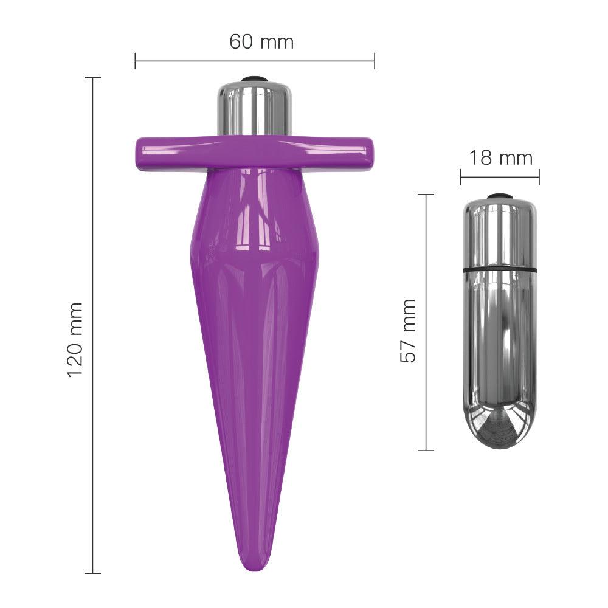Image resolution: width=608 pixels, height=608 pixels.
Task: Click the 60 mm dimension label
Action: click(x=261, y=42)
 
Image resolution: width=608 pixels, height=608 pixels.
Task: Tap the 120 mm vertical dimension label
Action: click(x=75, y=339)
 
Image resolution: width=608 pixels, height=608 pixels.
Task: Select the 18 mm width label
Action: click(x=500, y=158)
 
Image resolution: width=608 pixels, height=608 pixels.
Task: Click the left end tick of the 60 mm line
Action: click(x=135, y=61)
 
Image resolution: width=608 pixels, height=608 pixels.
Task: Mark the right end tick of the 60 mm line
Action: click(x=375, y=61)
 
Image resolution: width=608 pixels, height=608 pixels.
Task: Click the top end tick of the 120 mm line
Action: click(x=92, y=78)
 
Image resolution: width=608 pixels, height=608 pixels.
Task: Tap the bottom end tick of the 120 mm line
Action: click(x=92, y=573)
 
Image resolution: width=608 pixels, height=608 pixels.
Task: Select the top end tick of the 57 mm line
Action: click(x=426, y=195)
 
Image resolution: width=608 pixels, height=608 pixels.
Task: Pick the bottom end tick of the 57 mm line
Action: click(x=426, y=451)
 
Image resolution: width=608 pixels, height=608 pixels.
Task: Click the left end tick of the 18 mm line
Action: click(x=460, y=178)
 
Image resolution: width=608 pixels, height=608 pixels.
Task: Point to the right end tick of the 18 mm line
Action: click(x=539, y=178)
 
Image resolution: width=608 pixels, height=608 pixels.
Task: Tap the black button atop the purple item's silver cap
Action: click(x=254, y=79)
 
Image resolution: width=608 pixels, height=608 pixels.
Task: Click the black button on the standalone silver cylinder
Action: click(x=500, y=196)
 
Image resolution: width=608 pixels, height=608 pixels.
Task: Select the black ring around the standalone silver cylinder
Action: click(x=500, y=268)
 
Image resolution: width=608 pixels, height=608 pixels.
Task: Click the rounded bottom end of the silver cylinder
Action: click(x=500, y=435)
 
